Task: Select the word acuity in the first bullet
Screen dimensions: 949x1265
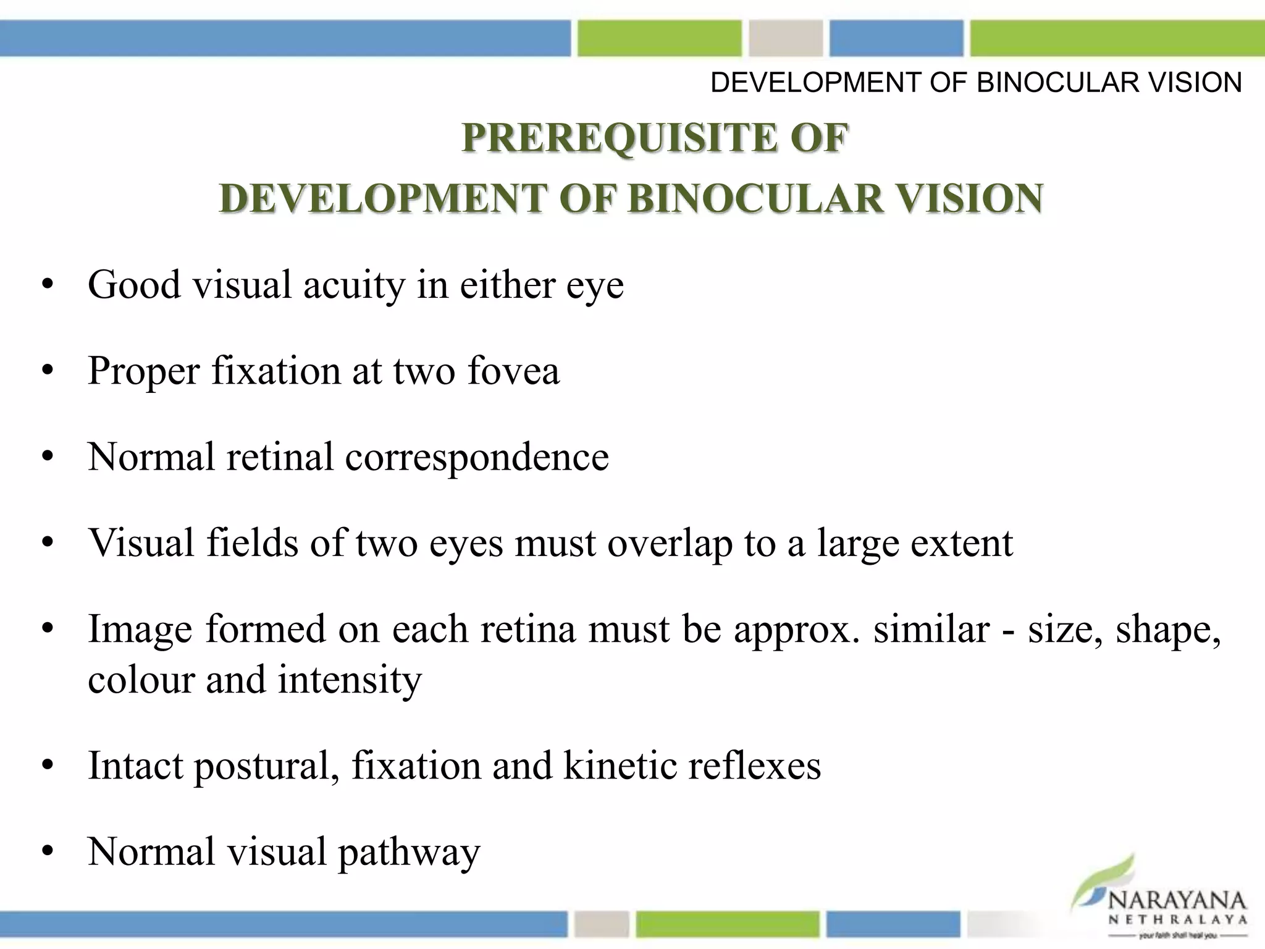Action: pos(355,285)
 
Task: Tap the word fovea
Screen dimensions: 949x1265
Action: pos(513,371)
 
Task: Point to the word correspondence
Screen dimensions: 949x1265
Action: pos(477,457)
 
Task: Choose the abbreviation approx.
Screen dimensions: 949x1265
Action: pos(797,630)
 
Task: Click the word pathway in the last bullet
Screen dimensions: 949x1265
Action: pos(409,853)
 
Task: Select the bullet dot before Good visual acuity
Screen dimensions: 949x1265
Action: pos(48,285)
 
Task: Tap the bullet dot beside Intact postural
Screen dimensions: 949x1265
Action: pos(48,766)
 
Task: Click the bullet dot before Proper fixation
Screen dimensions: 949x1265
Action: pos(48,371)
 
